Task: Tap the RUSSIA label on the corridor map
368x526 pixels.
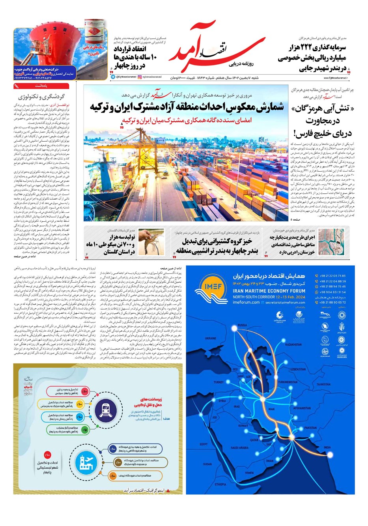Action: pos(243,325)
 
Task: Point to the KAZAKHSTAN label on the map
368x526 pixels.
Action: pos(293,344)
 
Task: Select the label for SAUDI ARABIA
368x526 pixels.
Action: pos(239,448)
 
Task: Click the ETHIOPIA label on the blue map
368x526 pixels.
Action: pos(220,484)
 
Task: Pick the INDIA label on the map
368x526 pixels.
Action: pos(327,447)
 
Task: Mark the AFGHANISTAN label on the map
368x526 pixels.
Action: pos(302,408)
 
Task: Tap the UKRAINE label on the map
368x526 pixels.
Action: pos(210,338)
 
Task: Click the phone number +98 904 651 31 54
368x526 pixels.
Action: pos(333,292)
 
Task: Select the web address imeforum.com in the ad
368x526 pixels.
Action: pos(246,303)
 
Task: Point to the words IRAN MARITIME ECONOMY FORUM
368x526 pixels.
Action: pos(269,291)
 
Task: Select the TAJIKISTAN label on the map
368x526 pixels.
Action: pos(323,384)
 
